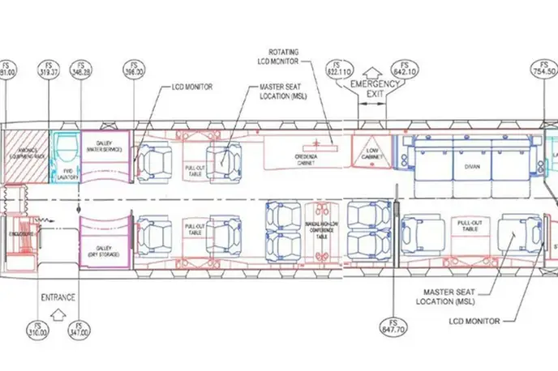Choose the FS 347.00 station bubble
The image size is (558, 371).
(x=80, y=327)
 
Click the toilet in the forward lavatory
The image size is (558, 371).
(x=67, y=150)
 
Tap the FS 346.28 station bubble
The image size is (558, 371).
(x=80, y=70)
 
